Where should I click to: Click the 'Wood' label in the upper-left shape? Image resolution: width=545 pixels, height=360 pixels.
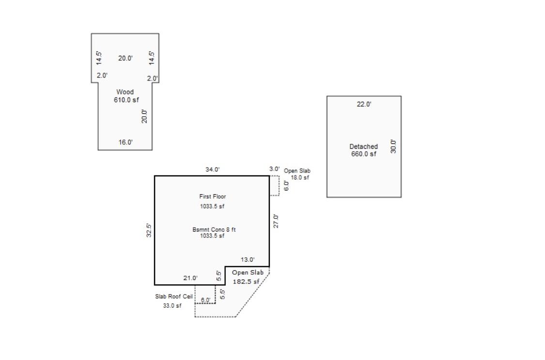(x=125, y=92)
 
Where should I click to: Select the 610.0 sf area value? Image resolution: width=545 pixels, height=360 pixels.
(x=126, y=100)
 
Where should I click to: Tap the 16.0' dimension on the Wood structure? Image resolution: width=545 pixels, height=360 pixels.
(x=125, y=142)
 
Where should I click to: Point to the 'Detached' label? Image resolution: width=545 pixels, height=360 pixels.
(x=363, y=146)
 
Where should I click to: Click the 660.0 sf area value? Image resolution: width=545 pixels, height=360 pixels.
(x=363, y=154)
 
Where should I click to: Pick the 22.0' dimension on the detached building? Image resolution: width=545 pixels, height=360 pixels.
(x=364, y=104)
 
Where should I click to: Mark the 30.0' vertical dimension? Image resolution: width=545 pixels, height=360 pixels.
(x=393, y=146)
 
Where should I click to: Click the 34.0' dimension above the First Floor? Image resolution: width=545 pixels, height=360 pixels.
(x=212, y=170)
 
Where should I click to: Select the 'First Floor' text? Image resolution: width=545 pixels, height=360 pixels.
(x=212, y=197)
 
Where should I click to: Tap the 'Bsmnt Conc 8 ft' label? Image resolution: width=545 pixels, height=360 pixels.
(x=214, y=230)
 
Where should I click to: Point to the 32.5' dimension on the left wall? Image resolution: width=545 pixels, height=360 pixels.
(x=150, y=230)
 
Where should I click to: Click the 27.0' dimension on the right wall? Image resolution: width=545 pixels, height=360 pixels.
(x=276, y=221)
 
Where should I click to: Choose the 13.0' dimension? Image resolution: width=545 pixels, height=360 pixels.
(x=248, y=260)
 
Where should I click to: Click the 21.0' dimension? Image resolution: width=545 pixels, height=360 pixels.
(x=190, y=278)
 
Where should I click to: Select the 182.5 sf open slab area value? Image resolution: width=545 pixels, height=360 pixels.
(x=246, y=282)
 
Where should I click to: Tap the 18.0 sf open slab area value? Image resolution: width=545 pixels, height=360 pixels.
(x=300, y=178)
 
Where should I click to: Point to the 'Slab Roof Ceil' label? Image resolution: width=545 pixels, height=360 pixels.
(x=174, y=297)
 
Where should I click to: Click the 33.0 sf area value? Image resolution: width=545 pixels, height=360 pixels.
(x=172, y=306)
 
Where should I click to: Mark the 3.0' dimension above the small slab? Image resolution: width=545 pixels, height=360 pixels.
(x=274, y=169)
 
